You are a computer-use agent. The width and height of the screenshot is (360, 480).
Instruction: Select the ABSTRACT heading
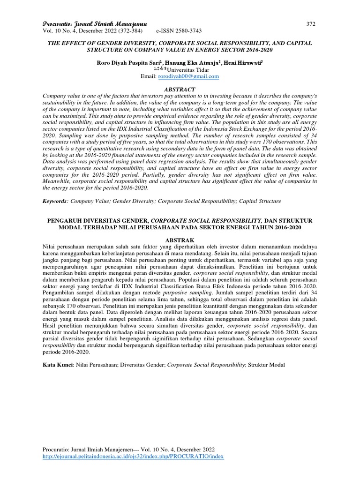180,89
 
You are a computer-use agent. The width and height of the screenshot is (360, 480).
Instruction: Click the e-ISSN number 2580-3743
182,30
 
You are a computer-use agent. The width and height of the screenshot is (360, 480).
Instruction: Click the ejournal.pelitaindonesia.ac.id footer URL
134,457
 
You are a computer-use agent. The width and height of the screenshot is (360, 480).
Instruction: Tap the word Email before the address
150,76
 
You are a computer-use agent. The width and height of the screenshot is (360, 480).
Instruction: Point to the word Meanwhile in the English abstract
59,181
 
